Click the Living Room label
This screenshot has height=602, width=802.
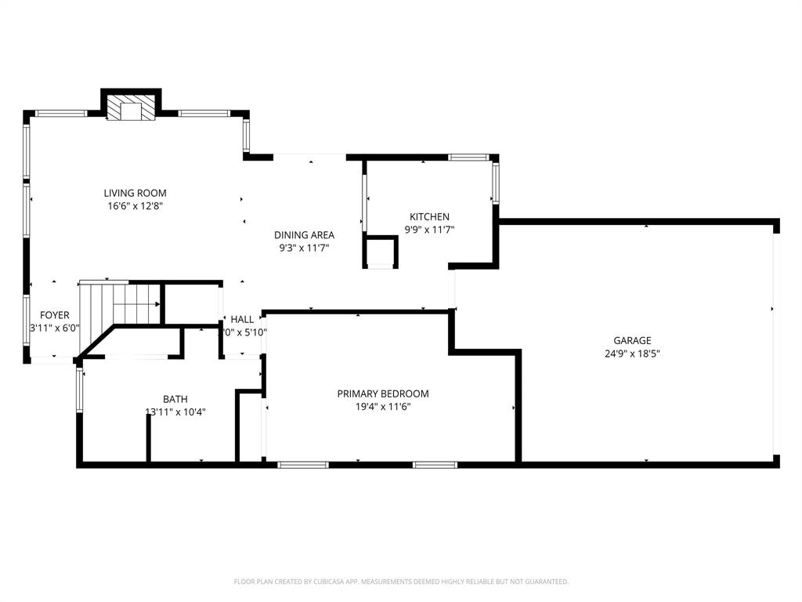click(135, 193)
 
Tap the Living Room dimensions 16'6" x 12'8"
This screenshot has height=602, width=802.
click(135, 206)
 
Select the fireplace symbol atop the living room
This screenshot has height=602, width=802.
click(131, 109)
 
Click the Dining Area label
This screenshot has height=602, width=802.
click(304, 234)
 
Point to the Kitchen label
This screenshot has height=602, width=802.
click(429, 216)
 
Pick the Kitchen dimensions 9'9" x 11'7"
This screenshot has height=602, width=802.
click(429, 230)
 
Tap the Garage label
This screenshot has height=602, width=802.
click(632, 340)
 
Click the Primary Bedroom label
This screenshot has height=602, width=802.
click(383, 393)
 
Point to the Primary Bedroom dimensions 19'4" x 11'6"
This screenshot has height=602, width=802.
click(383, 407)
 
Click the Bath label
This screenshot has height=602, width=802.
click(175, 399)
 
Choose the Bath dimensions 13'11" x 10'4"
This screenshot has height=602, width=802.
click(175, 412)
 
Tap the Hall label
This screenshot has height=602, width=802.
click(242, 319)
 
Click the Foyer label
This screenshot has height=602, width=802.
click(55, 315)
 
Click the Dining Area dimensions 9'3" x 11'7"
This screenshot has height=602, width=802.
click(304, 248)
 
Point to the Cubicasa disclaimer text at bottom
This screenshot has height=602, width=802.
click(401, 582)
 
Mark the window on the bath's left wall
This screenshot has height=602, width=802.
click(79, 390)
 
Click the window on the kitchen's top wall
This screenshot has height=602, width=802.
click(468, 158)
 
